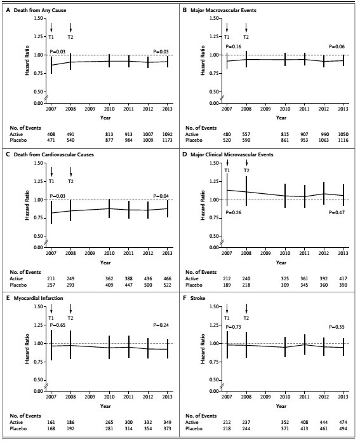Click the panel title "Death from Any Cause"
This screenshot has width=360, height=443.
[x=40, y=10]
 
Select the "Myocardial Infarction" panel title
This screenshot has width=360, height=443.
[x=38, y=298]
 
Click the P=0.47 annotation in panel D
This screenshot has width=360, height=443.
[x=337, y=212]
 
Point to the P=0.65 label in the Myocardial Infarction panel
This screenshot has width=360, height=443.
[x=58, y=325]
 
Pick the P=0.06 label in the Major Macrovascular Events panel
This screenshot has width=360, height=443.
[x=337, y=46]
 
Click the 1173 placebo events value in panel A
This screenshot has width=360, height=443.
[x=167, y=140]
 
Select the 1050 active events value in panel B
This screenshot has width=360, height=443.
[x=343, y=134]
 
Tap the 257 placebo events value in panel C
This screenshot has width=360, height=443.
[x=51, y=285]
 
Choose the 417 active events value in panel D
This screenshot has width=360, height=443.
[x=343, y=278]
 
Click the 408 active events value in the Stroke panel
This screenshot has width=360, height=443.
[x=304, y=422]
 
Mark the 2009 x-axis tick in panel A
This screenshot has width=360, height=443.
[x=90, y=109]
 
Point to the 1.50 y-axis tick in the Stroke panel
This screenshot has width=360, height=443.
[x=214, y=306]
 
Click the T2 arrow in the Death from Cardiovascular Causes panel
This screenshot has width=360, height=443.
[x=71, y=172]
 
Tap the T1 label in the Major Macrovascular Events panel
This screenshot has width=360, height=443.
[x=227, y=37]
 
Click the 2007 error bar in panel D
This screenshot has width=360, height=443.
[x=227, y=189]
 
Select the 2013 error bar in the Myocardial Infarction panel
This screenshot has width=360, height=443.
[x=168, y=349]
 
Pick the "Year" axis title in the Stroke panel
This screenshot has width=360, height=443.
[x=281, y=406]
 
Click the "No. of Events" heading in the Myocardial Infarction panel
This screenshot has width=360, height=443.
[x=25, y=416]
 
